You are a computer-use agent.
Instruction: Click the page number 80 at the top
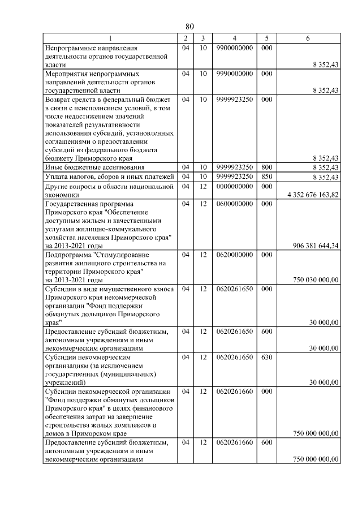189,27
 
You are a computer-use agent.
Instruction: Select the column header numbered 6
308,38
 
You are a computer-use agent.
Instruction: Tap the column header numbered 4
235,38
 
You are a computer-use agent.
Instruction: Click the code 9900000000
235,49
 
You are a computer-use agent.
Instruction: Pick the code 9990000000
235,74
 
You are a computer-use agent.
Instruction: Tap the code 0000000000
235,186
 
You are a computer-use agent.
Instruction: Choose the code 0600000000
235,203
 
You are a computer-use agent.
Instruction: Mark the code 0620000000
235,255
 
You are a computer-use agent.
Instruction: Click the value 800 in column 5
267,167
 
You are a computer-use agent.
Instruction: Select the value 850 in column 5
267,177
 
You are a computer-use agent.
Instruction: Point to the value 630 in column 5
267,358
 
